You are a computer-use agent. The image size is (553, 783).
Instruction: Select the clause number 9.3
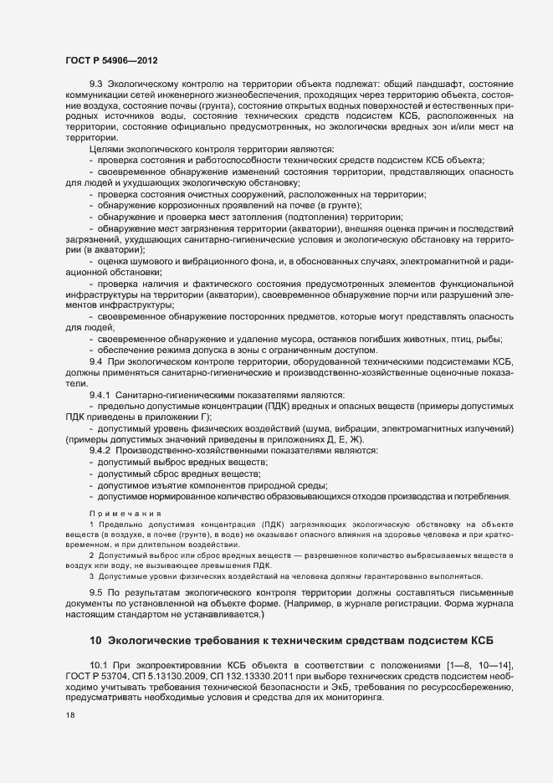coord(95,84)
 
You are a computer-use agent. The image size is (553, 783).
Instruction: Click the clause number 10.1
coord(98,663)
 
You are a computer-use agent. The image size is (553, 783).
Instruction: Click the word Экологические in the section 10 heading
coord(154,641)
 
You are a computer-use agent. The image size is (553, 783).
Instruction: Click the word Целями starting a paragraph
coord(105,149)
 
